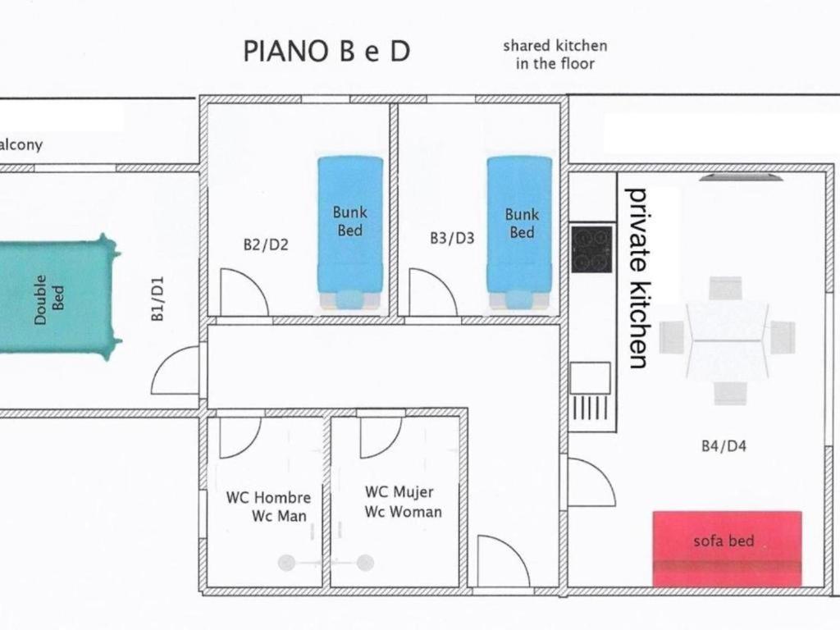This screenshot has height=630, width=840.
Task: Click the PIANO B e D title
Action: coord(326,52)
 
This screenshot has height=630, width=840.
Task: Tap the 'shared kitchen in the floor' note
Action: coord(555,55)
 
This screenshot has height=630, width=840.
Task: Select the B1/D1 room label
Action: coord(157,299)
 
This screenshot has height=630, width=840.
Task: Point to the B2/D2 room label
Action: coord(266,244)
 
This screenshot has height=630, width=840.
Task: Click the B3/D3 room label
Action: coord(452,238)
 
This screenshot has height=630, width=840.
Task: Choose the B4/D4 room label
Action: coord(724,445)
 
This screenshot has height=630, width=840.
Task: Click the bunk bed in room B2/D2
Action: coord(350,233)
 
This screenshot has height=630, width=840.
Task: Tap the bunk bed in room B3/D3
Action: coord(519,233)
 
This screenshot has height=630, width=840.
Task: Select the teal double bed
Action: coord(57,297)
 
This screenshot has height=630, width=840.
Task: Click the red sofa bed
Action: coord(727,549)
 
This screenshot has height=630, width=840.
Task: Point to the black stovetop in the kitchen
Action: coord(591,249)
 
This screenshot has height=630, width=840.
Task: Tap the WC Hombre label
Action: coord(268,498)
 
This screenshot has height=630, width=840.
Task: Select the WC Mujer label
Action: coord(399,492)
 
